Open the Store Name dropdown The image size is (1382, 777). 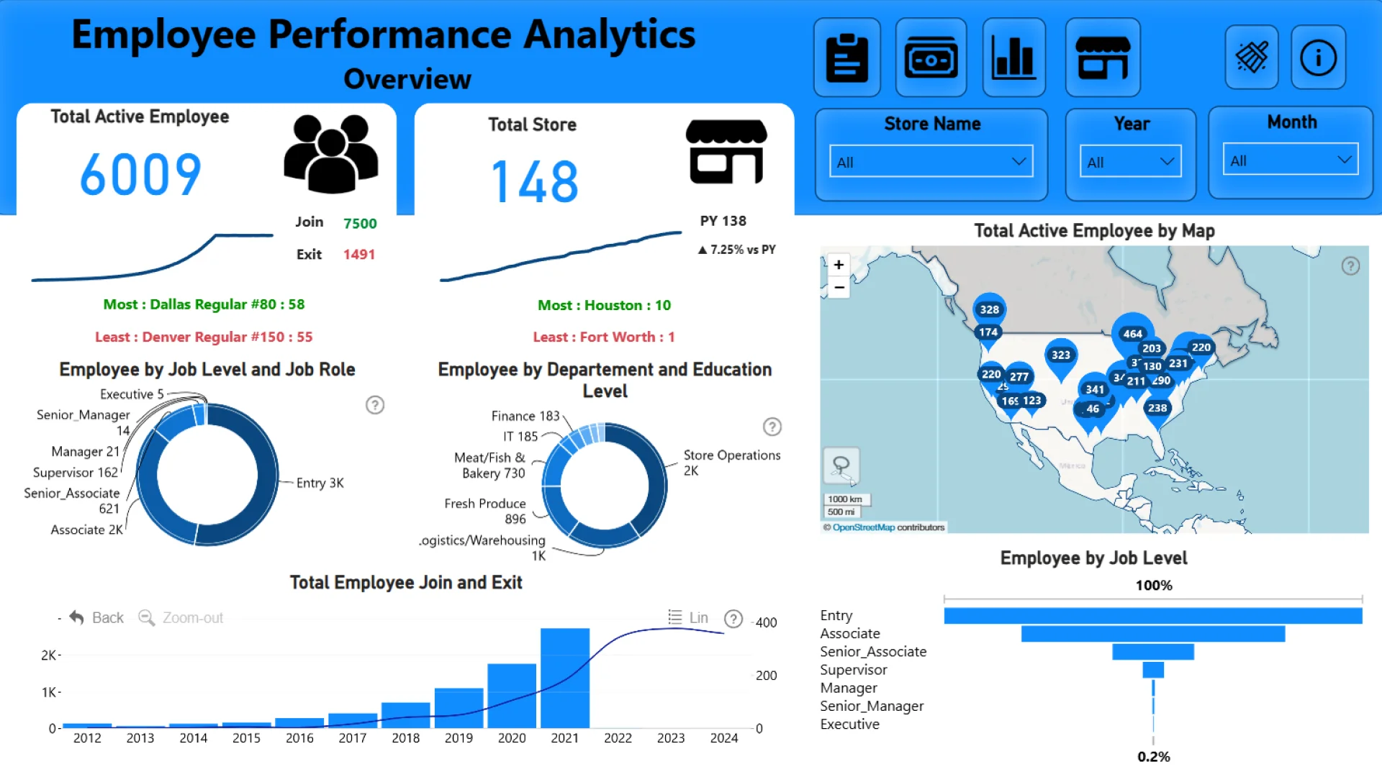click(931, 162)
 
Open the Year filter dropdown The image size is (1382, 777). click(1130, 162)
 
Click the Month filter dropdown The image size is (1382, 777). click(1290, 160)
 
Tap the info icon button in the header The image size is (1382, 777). click(1318, 58)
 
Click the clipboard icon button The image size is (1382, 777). click(847, 58)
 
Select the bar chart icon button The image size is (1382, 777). click(1013, 58)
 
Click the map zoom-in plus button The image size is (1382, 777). click(839, 265)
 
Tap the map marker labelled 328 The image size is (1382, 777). click(990, 309)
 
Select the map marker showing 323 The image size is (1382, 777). click(1060, 355)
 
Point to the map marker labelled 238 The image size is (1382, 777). click(1157, 408)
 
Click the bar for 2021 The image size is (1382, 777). click(565, 678)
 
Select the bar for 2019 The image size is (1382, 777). click(459, 708)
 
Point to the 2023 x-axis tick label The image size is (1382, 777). click(671, 738)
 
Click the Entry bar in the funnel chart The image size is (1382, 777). click(1152, 616)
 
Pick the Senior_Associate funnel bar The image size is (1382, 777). click(1152, 652)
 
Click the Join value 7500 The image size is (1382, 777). click(360, 224)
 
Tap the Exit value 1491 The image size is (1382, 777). click(358, 255)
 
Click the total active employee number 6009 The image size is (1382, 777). click(140, 175)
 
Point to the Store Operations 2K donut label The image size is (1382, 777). click(731, 463)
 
